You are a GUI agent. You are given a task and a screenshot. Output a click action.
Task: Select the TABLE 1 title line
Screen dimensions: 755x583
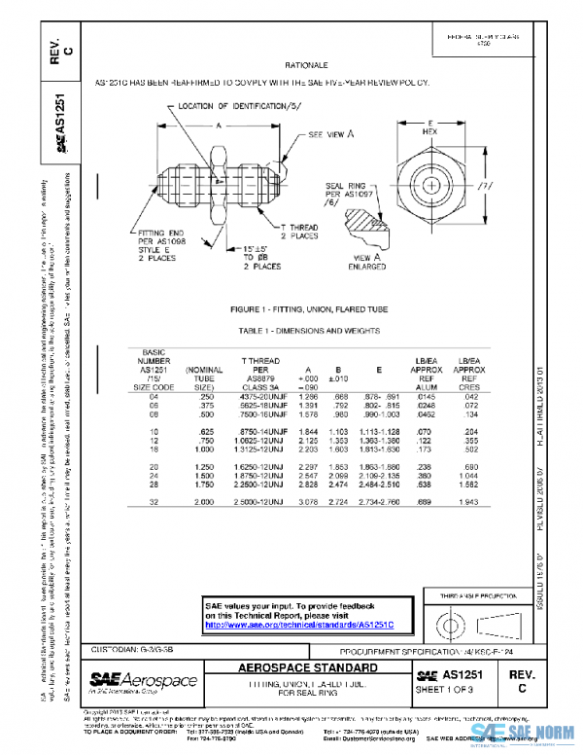pos(308,331)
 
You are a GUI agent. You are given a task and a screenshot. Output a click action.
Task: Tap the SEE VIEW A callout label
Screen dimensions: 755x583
pos(331,135)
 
